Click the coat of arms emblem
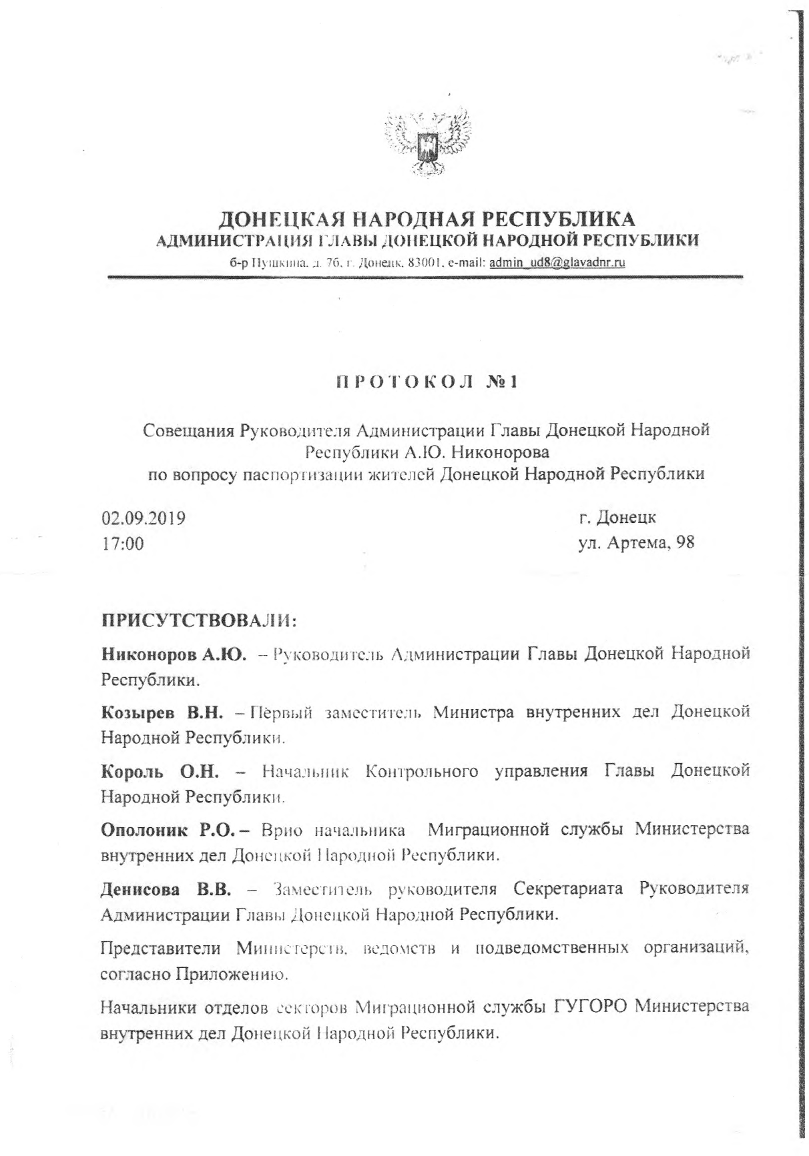[x=427, y=143]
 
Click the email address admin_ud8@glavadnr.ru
[x=557, y=262]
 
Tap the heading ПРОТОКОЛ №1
[x=427, y=383]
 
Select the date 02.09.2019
[x=144, y=518]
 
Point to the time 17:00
[x=122, y=544]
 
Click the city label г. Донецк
[x=617, y=517]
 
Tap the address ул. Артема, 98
[x=636, y=542]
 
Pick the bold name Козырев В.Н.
[x=166, y=712]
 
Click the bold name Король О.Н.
[x=160, y=772]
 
